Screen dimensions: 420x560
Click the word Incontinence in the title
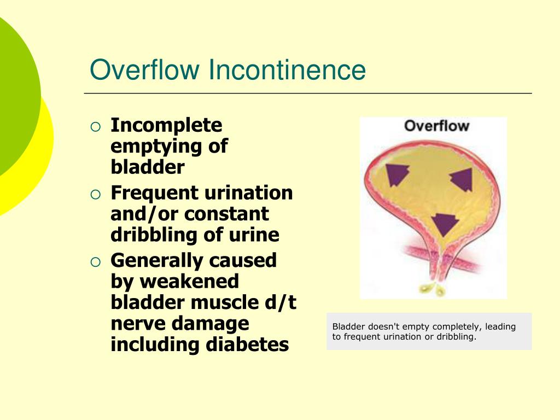288,70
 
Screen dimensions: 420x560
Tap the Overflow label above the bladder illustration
436,126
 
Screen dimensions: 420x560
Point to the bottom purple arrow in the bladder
444,223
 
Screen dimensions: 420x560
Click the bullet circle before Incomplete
96,127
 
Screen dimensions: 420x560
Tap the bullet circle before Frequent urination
96,194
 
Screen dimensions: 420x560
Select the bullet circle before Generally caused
96,262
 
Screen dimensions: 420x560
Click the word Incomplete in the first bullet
166,125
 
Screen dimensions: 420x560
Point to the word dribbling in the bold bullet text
147,235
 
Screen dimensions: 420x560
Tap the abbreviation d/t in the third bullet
281,302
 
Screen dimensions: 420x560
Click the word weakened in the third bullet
190,281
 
